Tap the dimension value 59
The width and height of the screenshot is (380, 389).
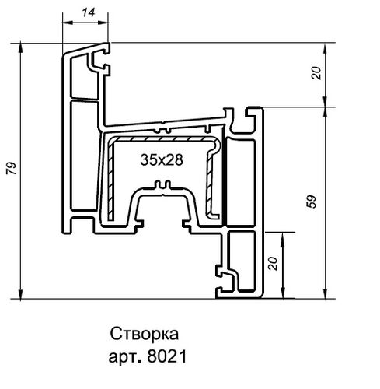pos(312,202)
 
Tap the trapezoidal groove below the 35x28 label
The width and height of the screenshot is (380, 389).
pos(162,207)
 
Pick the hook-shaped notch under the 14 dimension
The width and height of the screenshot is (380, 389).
pos(99,60)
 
